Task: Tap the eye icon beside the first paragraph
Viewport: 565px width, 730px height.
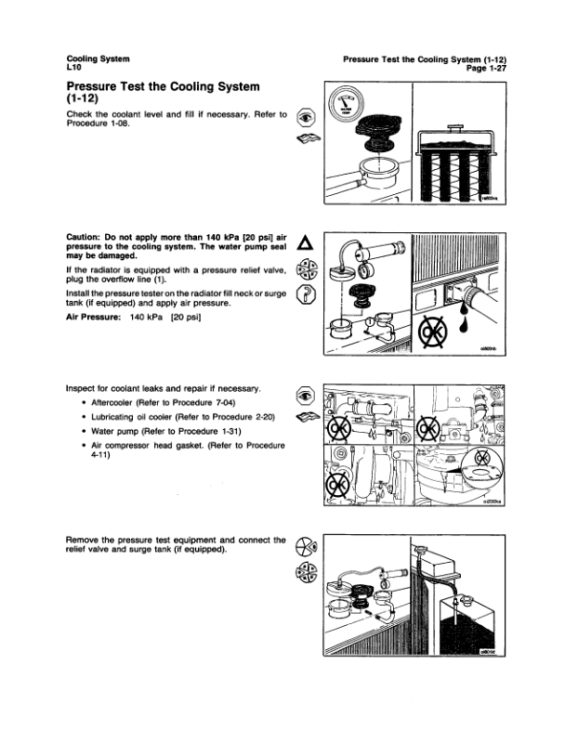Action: [x=304, y=117]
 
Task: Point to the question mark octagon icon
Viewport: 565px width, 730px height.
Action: [x=303, y=296]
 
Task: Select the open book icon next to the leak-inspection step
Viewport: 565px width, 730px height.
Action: [x=305, y=417]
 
